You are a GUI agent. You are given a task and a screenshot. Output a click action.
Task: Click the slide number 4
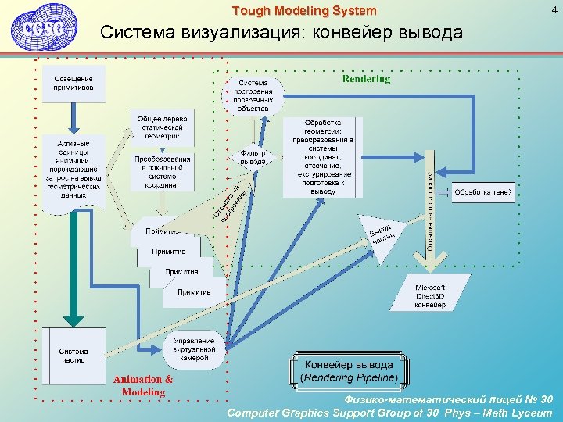pyautogui.click(x=554, y=10)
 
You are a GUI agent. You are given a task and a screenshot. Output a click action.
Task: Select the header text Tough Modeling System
pyautogui.click(x=304, y=11)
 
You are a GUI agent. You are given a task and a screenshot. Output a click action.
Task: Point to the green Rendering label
pyautogui.click(x=366, y=79)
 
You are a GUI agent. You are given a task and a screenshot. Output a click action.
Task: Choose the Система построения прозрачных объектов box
pyautogui.click(x=253, y=95)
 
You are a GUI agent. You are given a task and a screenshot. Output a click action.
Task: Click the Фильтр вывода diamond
pyautogui.click(x=253, y=157)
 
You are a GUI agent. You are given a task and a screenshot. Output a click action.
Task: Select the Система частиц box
pyautogui.click(x=74, y=356)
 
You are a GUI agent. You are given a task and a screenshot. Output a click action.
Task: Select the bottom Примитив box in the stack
pyautogui.click(x=193, y=292)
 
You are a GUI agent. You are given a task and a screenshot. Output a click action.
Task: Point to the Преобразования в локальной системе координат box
pyautogui.click(x=162, y=172)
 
